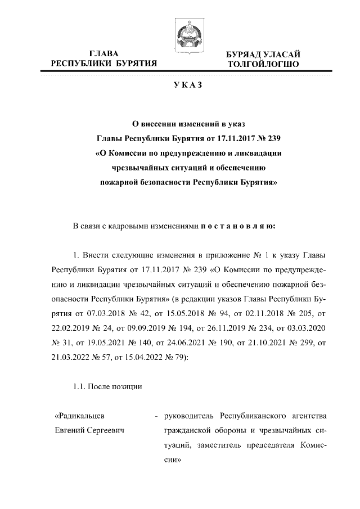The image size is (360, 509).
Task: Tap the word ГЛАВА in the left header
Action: pos(103,53)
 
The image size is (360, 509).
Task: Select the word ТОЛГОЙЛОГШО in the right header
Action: pos(263,65)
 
